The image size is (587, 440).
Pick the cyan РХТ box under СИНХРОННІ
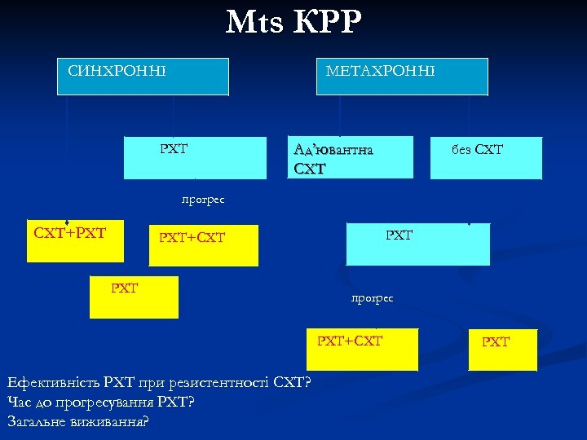click(x=195, y=157)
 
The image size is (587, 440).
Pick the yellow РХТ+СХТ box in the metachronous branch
click(x=362, y=350)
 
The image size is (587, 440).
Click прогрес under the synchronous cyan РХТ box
click(x=203, y=199)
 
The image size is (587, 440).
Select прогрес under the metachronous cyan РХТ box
click(x=373, y=298)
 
